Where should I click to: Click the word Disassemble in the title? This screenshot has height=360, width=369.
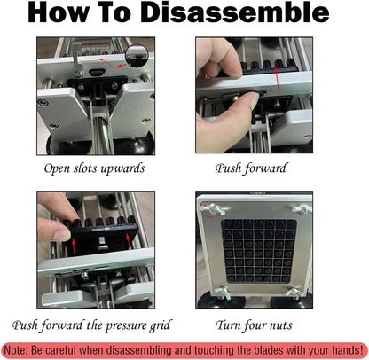point(235,12)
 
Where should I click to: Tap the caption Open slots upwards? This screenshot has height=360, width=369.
point(94,168)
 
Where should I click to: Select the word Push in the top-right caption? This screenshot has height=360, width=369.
point(228,168)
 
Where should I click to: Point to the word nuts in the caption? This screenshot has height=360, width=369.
point(280,325)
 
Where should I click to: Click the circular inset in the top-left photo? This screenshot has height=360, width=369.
point(137,55)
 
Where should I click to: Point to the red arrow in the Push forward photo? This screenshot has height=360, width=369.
point(278,81)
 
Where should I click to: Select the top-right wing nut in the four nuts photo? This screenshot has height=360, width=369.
point(302,209)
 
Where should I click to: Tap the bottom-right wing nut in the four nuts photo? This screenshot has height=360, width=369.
point(295,293)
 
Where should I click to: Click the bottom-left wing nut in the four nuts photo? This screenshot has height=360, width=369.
point(223,293)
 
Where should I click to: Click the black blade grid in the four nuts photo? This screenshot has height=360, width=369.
point(259,251)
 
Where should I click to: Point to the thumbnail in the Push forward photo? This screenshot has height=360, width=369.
point(255,100)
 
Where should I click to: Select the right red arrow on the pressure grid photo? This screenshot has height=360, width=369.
point(129,242)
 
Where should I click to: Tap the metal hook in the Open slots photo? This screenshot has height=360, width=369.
point(77,59)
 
